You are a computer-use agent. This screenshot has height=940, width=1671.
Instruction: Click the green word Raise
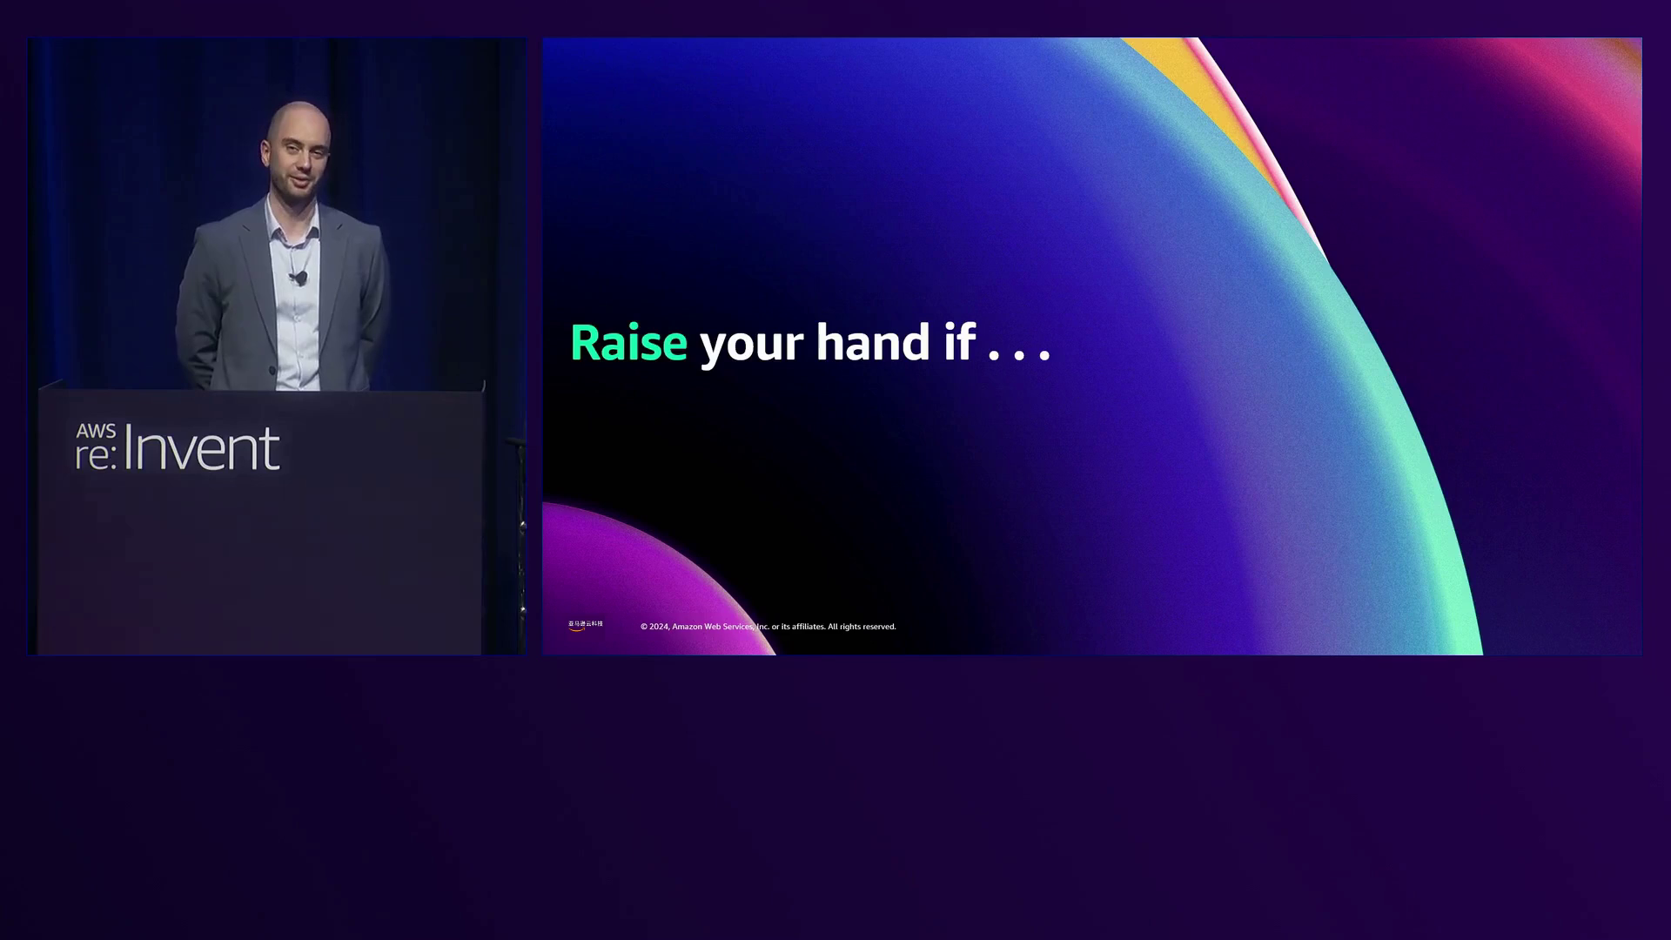tap(628, 343)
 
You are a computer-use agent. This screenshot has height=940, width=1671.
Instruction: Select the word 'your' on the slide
tap(751, 345)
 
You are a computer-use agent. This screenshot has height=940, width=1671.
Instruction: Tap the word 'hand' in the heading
tap(873, 341)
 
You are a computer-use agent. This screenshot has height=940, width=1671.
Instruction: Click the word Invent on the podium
tap(202, 449)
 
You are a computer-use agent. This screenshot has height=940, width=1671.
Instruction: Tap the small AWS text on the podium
tap(96, 432)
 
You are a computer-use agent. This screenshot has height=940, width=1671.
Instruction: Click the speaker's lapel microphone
tap(301, 279)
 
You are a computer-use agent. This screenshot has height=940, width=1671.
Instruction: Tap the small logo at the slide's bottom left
tap(585, 625)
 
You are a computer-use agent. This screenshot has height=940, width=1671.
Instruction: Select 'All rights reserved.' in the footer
tap(862, 627)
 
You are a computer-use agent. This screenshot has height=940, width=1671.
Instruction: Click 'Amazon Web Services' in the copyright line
tap(712, 627)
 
